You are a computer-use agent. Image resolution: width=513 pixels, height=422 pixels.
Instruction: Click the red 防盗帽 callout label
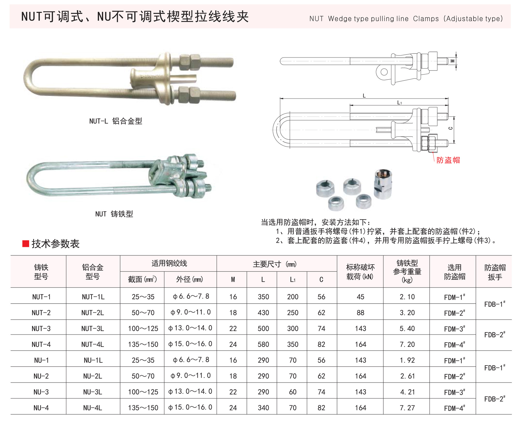(448, 160)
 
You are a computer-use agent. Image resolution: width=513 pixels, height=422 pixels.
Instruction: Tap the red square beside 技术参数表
(26, 243)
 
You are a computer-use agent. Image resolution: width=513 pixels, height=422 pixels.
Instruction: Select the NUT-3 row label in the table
(41, 328)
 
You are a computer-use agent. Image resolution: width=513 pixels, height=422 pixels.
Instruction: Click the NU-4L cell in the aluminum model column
(92, 408)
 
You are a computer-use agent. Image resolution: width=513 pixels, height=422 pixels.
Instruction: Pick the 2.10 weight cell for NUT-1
(407, 297)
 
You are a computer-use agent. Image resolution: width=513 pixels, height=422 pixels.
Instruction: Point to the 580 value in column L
(263, 344)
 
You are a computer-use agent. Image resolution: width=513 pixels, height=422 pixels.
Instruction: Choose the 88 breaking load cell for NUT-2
(360, 312)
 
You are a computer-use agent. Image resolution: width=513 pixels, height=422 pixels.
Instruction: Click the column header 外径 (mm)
(189, 279)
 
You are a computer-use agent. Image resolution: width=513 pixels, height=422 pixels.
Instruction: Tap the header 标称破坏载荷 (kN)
(360, 272)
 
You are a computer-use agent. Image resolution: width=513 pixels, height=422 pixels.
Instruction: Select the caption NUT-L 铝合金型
(116, 121)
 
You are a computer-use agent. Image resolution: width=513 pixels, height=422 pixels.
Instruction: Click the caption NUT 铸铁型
(114, 214)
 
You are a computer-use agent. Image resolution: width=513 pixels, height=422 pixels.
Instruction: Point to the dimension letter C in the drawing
(451, 128)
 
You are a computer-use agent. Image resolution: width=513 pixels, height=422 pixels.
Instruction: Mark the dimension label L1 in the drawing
(399, 103)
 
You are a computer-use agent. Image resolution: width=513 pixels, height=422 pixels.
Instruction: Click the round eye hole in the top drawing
(384, 72)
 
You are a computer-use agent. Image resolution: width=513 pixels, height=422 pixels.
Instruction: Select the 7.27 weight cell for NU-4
(407, 408)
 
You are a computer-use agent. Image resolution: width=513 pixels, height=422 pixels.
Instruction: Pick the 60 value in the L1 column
(293, 392)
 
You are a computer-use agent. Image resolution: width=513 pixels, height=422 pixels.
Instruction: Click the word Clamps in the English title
(426, 19)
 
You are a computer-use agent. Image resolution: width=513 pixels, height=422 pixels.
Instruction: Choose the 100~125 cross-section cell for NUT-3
(143, 328)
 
